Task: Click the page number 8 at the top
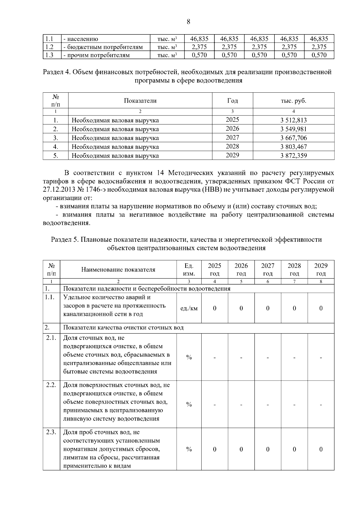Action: pyautogui.click(x=188, y=22)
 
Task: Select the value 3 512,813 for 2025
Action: pyautogui.click(x=293, y=120)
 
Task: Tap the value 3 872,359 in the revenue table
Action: pyautogui.click(x=293, y=156)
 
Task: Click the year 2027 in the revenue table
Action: pyautogui.click(x=232, y=137)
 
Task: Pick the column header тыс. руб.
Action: pyautogui.click(x=293, y=101)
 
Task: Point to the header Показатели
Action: pyautogui.click(x=140, y=101)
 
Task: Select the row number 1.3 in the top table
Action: pyautogui.click(x=49, y=55)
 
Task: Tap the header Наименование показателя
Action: pyautogui.click(x=118, y=269)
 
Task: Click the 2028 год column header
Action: pyautogui.click(x=294, y=269)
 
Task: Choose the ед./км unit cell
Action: pyautogui.click(x=189, y=308)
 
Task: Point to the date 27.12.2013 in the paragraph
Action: pyautogui.click(x=59, y=190)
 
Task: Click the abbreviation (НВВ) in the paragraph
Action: pyautogui.click(x=212, y=190)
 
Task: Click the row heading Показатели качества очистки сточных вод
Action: pyautogui.click(x=123, y=328)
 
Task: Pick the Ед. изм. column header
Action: pyautogui.click(x=189, y=269)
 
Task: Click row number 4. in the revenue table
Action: pyautogui.click(x=55, y=147)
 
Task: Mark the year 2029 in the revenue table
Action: pyautogui.click(x=232, y=155)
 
